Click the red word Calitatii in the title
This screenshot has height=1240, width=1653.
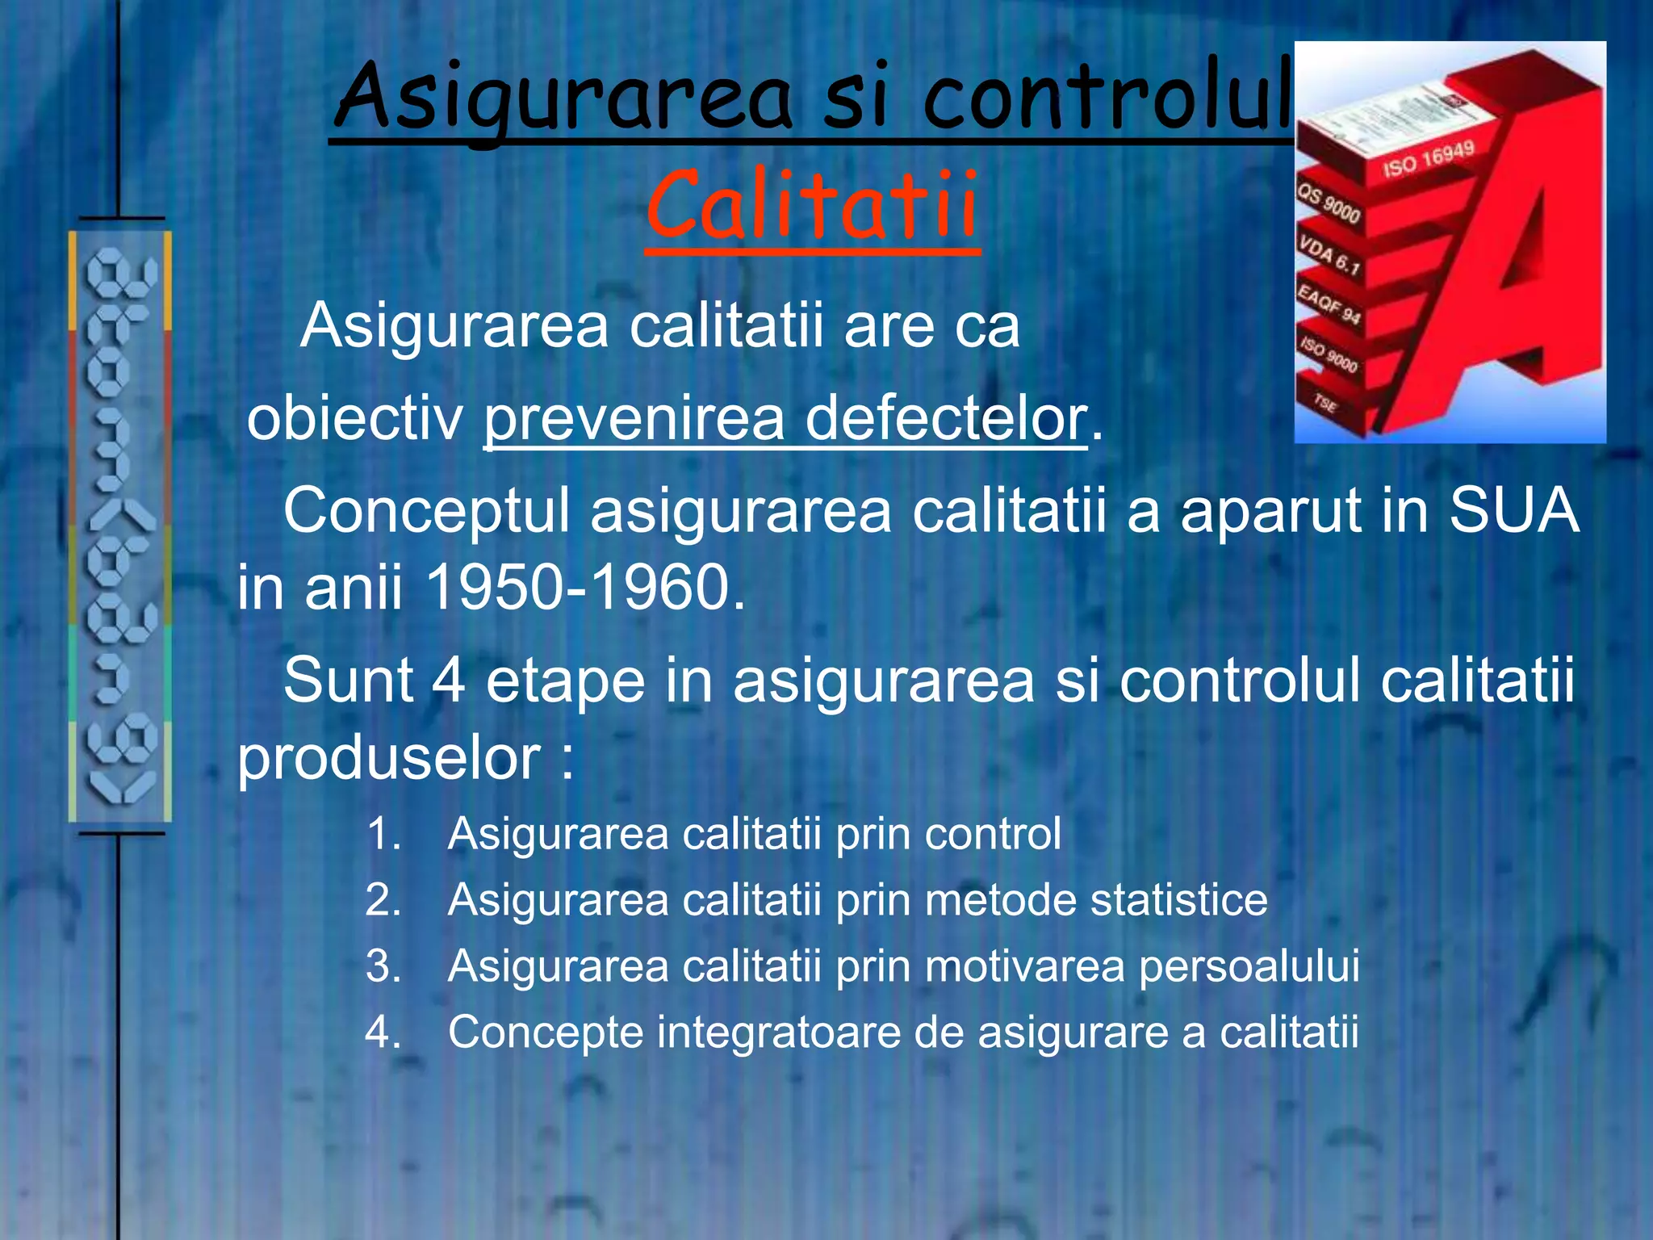[x=812, y=206]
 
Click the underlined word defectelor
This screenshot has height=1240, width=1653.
[x=946, y=418]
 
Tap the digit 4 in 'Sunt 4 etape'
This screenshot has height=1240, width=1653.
[x=448, y=680]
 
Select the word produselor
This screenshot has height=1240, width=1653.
[x=388, y=758]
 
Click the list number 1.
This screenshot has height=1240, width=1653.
[x=383, y=833]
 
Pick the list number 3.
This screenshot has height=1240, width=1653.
[x=383, y=966]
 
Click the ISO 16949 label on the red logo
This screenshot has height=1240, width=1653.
[x=1428, y=158]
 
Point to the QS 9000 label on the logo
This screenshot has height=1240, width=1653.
[x=1329, y=203]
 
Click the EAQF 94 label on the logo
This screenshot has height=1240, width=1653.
[x=1329, y=304]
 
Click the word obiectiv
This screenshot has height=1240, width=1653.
[x=355, y=418]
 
